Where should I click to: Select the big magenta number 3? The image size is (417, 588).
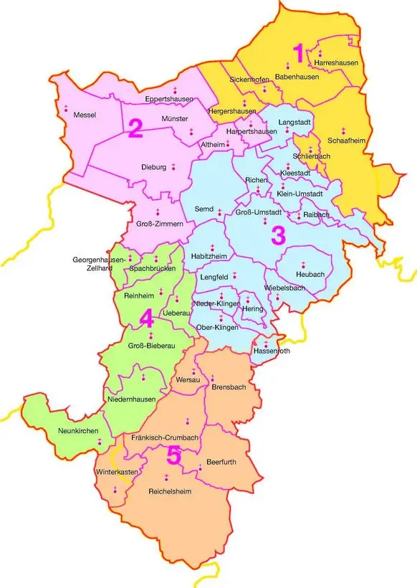(277, 235)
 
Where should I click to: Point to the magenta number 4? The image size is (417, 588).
(146, 317)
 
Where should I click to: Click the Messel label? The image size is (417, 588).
(85, 115)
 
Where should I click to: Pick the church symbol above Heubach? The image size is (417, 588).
(303, 264)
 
